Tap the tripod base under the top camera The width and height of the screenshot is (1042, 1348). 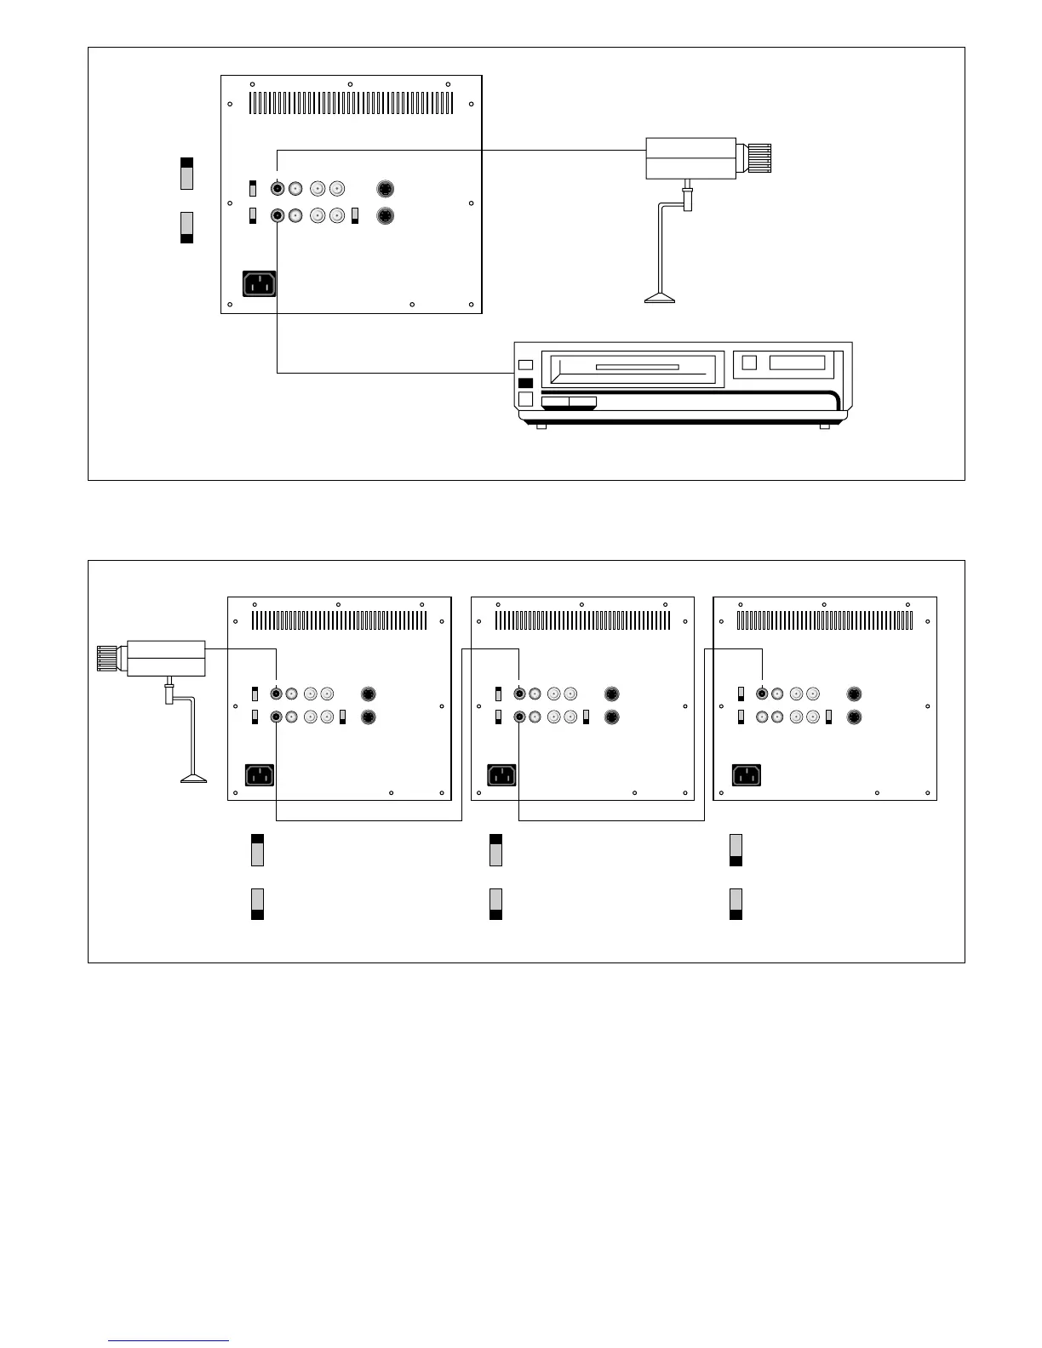660,298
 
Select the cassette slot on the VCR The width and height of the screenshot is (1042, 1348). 637,368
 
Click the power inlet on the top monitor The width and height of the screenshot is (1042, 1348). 260,283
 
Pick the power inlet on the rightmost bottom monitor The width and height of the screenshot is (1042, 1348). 747,775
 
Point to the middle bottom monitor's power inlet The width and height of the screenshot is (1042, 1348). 501,775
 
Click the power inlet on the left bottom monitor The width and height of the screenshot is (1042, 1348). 260,775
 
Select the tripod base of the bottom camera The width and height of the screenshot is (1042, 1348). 193,778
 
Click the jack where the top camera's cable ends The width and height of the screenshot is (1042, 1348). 278,189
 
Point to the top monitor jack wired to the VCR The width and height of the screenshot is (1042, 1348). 278,216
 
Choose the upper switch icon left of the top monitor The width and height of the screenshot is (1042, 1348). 187,174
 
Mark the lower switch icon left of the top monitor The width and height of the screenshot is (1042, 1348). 187,227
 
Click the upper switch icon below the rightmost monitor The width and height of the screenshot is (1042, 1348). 736,850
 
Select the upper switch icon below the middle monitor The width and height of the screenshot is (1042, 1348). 495,850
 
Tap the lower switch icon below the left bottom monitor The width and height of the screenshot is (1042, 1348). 257,904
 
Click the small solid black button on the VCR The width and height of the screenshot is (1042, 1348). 525,383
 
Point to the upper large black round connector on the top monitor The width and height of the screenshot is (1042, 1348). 386,189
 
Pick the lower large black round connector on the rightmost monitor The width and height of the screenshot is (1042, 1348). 854,717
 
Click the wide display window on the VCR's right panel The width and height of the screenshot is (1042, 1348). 797,363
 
